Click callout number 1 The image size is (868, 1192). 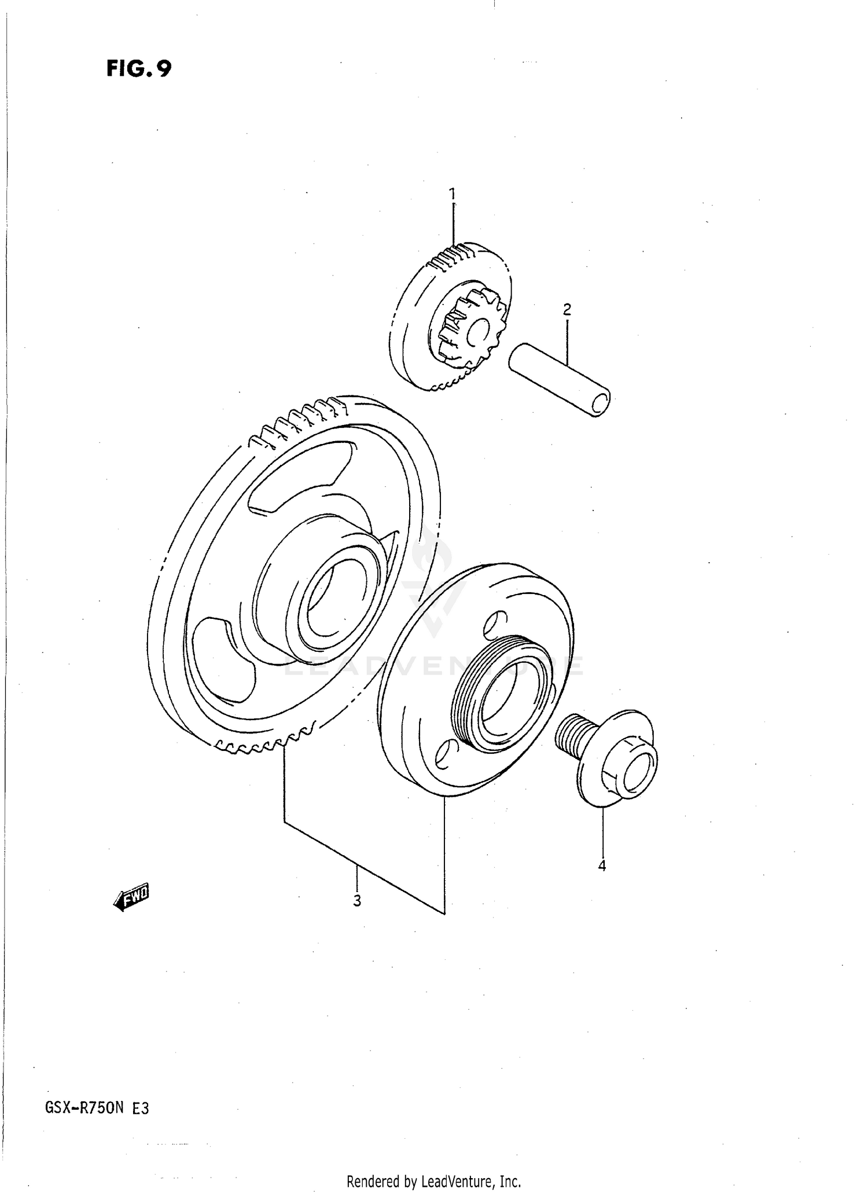pos(453,193)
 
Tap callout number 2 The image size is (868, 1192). pos(567,309)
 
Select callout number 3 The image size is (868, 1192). pos(357,900)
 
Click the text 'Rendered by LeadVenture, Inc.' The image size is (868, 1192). pos(434,1181)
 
